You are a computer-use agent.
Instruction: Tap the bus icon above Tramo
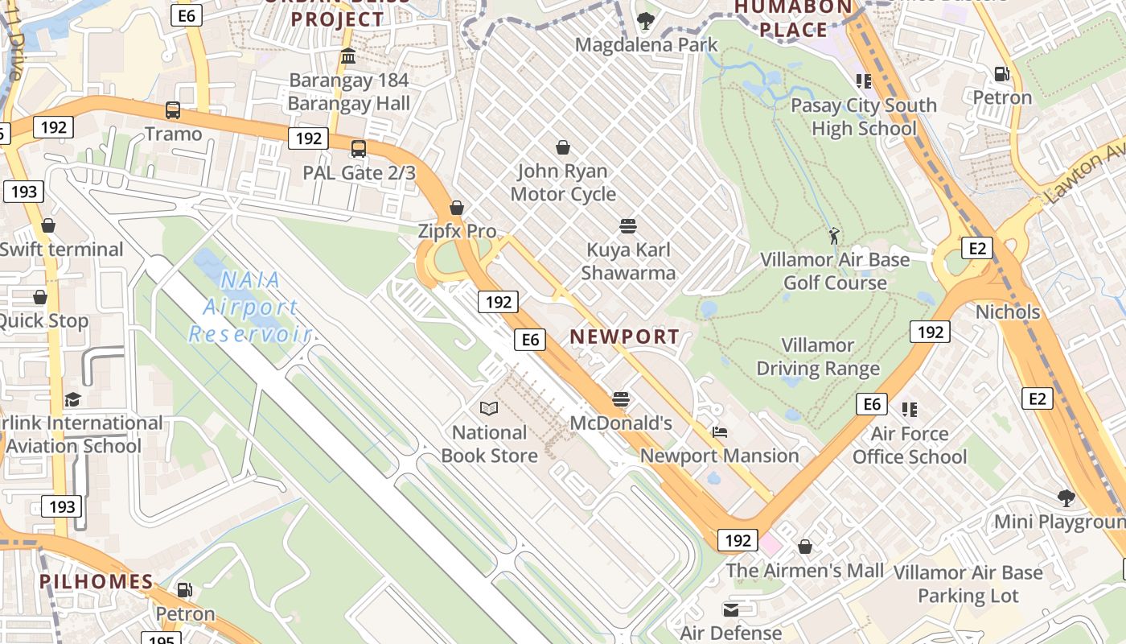tap(172, 110)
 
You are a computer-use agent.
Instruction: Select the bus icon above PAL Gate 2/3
tap(359, 148)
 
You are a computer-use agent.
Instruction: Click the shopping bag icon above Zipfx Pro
tap(457, 208)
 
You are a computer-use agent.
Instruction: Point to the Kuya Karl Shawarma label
tap(628, 261)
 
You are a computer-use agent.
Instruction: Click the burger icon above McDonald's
tap(620, 398)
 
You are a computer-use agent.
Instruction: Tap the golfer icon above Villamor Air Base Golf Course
tap(835, 236)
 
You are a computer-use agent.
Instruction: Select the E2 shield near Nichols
tap(976, 248)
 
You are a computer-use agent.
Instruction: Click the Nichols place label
tap(1007, 312)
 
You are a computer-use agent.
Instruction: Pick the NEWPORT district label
tap(625, 337)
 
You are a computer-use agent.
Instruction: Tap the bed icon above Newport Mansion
tap(720, 432)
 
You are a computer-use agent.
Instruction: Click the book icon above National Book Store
tap(488, 408)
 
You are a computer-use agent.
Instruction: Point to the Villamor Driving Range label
tap(818, 357)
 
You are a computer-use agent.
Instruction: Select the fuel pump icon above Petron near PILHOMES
tap(185, 590)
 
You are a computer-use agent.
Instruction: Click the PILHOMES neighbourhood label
tap(96, 581)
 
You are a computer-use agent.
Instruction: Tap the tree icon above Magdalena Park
tap(645, 20)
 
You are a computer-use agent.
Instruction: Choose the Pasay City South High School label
tap(864, 117)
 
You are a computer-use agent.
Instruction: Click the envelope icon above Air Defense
tap(730, 609)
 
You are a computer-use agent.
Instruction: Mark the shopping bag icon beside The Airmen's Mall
tap(804, 547)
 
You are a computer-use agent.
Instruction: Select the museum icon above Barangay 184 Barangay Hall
tap(348, 56)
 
